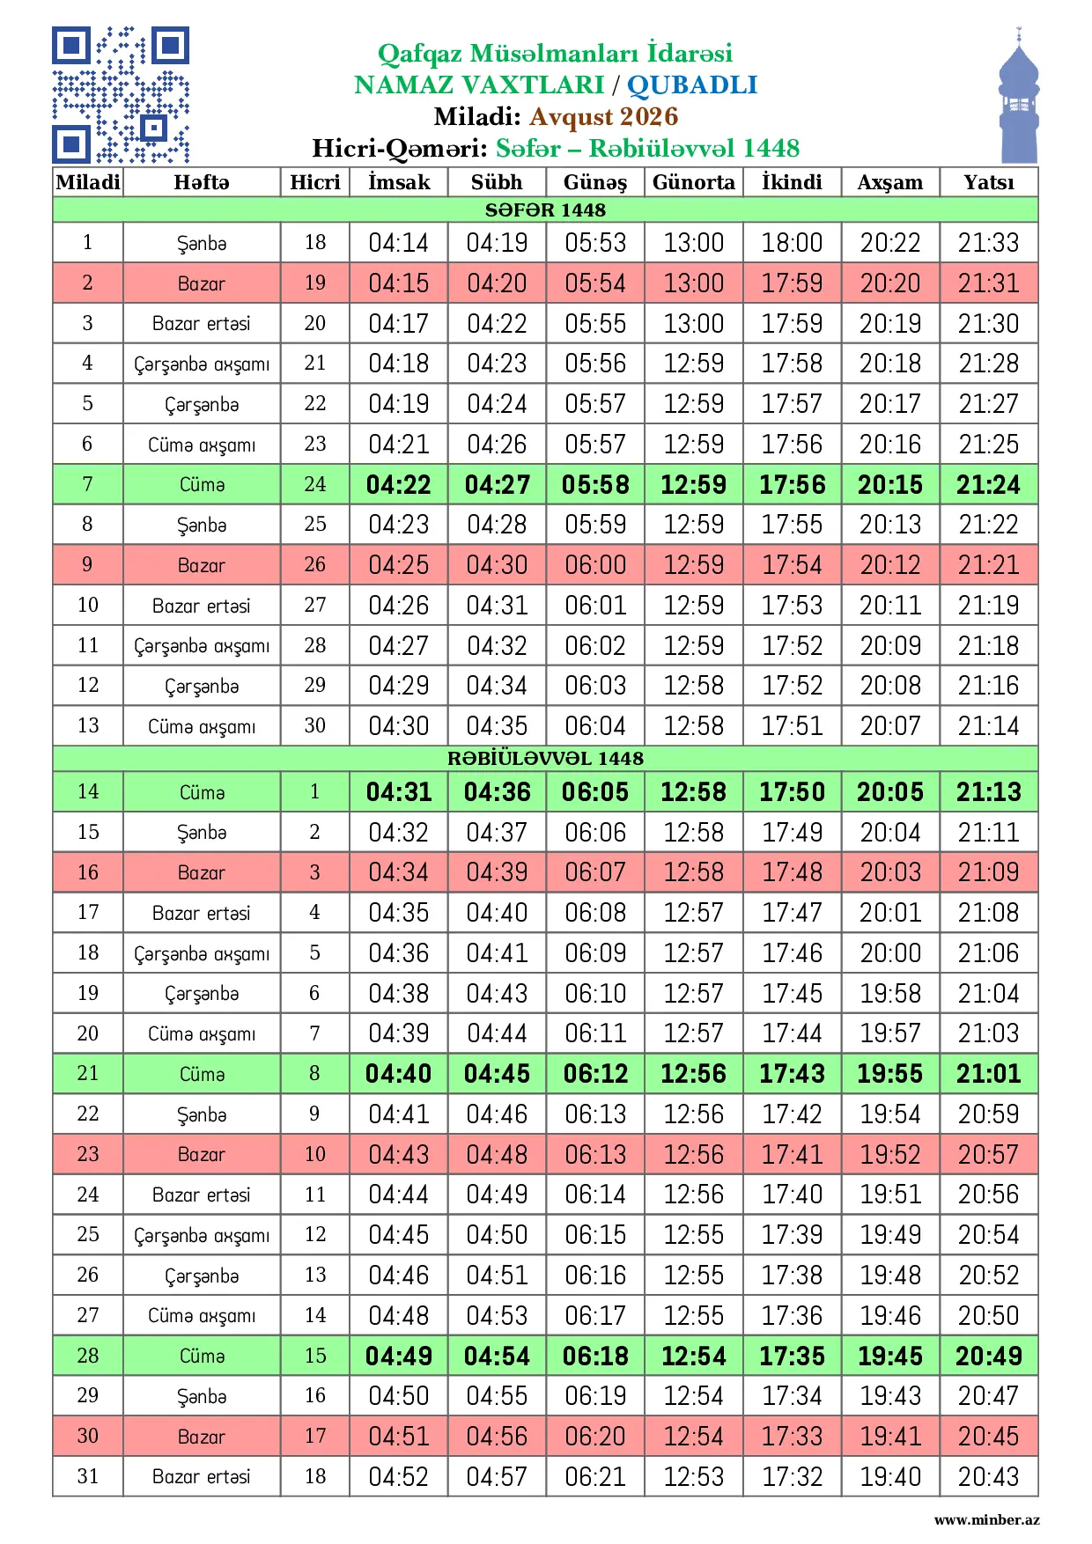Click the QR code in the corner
121,95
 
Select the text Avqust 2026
603,116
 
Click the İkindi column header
792,182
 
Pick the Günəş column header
595,182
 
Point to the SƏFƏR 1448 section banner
545,210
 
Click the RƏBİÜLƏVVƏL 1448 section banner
545,758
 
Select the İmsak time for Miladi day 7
399,484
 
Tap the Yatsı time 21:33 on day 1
988,242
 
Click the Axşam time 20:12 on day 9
889,564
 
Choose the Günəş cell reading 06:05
595,791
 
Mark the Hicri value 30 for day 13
314,725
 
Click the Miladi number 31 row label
87,1475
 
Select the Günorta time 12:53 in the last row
693,1476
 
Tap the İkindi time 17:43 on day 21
792,1073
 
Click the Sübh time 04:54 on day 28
497,1356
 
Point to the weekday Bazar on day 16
201,872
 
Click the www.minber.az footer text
986,1519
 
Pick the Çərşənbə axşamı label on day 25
201,1235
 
